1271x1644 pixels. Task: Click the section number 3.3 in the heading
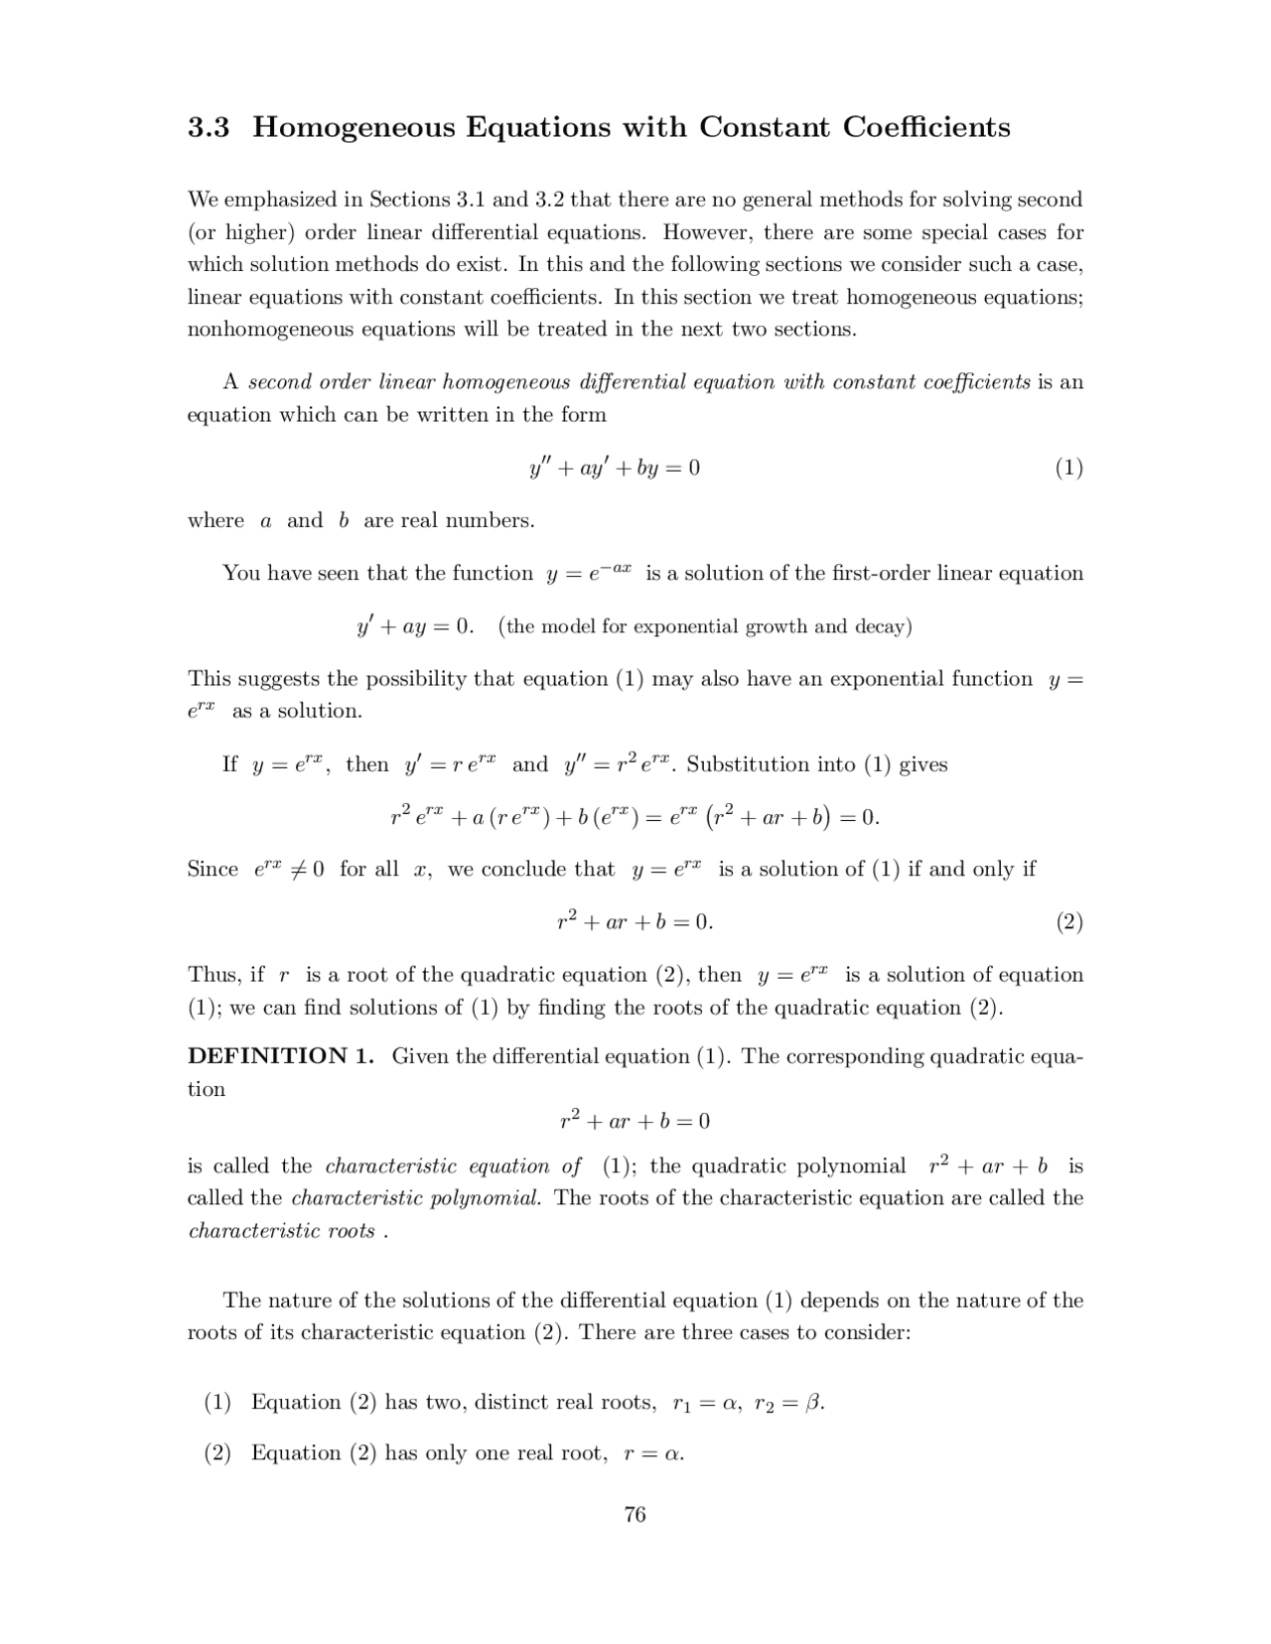[x=209, y=128]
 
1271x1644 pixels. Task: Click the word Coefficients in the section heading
[x=926, y=128]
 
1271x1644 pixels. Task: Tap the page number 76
[x=635, y=1514]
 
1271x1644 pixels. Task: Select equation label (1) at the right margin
[x=1068, y=468]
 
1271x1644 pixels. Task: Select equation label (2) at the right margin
[x=1068, y=922]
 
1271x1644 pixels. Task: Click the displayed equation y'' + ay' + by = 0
[x=615, y=468]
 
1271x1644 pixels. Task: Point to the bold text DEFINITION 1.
[x=281, y=1056]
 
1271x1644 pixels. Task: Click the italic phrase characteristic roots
[x=282, y=1231]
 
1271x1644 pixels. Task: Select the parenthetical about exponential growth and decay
[x=705, y=626]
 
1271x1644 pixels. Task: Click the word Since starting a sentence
[x=212, y=870]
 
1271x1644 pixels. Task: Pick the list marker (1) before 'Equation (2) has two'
[x=217, y=1403]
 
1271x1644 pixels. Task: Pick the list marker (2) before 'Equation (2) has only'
[x=217, y=1453]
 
